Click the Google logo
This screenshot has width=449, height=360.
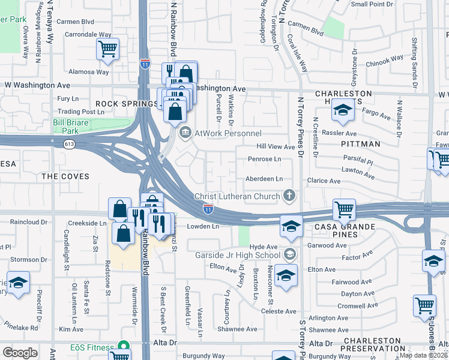20,352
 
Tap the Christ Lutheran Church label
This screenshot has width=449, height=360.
237,197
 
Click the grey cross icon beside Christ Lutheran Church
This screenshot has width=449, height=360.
289,196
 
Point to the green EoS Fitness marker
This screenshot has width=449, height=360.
124,347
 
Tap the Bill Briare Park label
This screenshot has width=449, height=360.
74,126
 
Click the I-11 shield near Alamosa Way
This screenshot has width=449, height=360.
145,64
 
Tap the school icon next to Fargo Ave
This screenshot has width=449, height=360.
343,110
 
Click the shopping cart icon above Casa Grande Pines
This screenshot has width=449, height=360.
344,210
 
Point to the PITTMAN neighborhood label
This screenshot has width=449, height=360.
360,144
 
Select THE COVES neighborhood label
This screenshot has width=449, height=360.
66,176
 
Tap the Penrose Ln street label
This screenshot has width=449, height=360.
264,160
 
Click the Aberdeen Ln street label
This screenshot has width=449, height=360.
264,179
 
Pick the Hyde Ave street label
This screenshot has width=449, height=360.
264,247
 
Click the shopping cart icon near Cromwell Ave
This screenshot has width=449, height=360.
424,305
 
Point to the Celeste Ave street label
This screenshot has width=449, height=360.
279,311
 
